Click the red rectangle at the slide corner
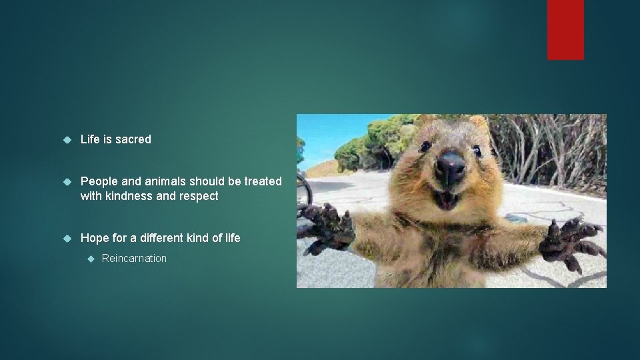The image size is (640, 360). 565,29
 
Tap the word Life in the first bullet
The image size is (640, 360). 91,139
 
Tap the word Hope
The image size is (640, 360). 94,238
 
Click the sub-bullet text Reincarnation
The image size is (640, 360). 134,259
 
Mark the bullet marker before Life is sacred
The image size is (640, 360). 66,139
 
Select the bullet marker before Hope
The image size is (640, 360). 66,238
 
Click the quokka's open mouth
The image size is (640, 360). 445,197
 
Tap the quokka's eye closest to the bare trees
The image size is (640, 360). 477,151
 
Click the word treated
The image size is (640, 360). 264,181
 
